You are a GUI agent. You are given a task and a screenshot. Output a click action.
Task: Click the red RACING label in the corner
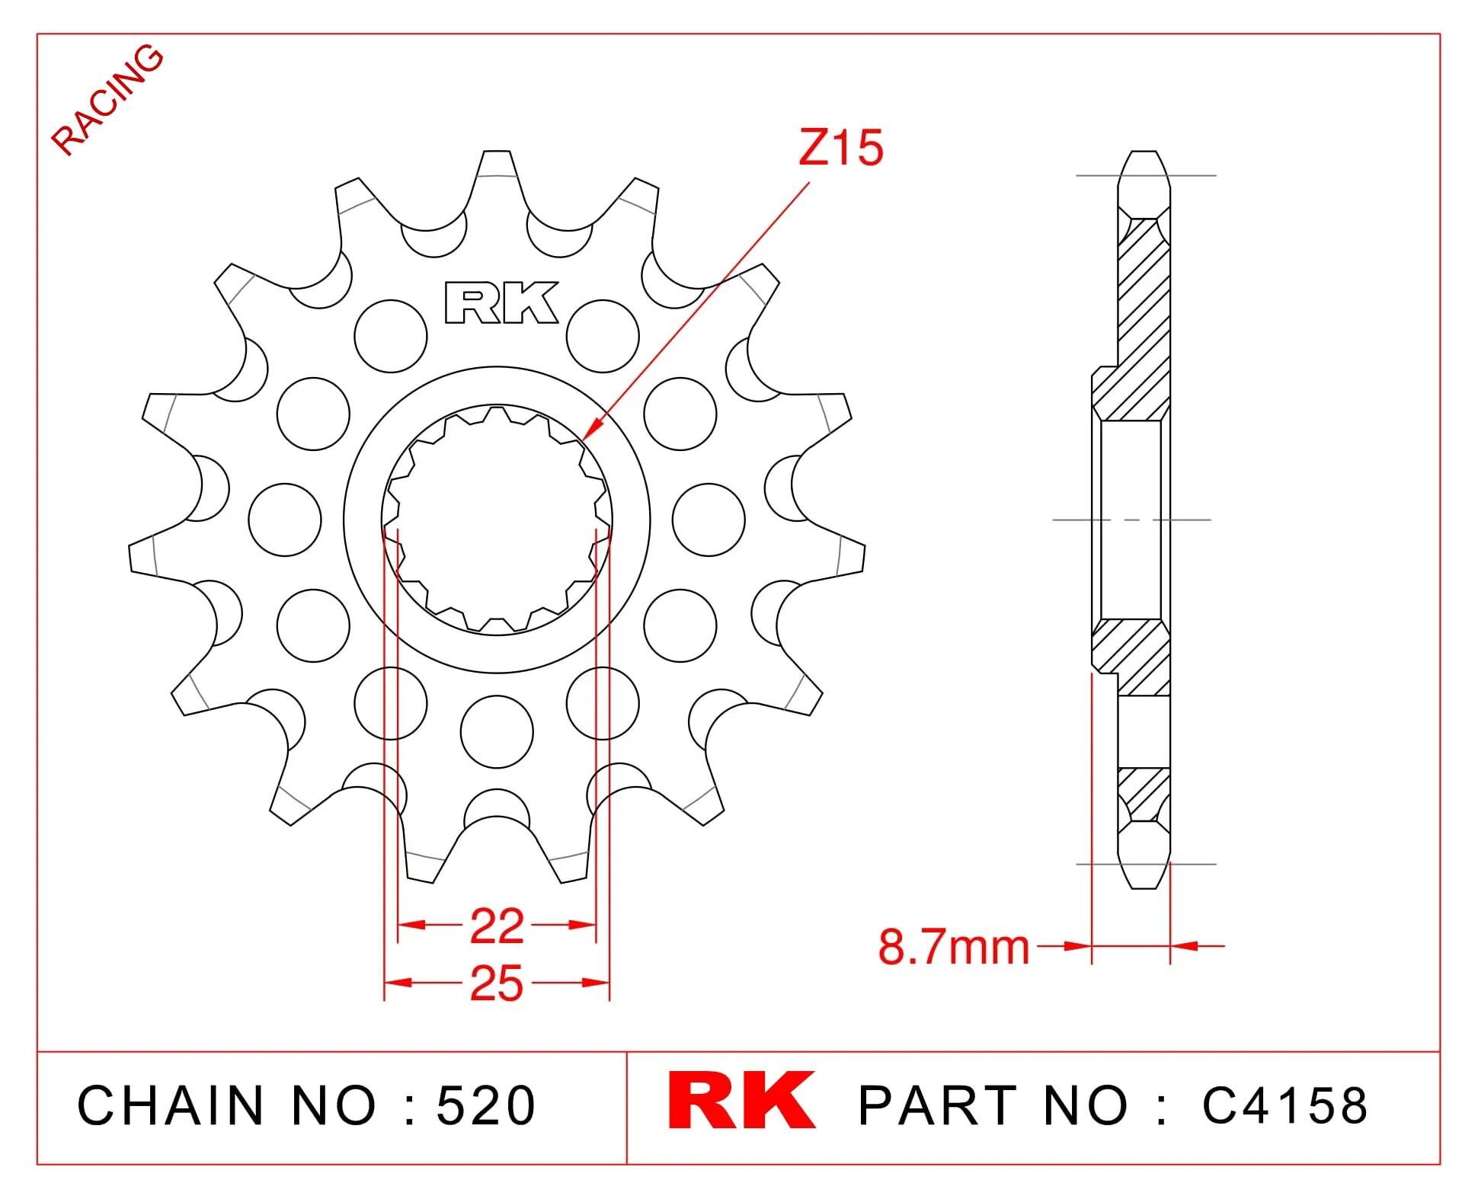point(107,100)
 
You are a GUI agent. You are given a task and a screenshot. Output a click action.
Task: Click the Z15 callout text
point(840,148)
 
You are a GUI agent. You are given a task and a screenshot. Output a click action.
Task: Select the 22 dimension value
point(497,926)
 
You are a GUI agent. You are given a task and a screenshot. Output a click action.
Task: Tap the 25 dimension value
point(497,983)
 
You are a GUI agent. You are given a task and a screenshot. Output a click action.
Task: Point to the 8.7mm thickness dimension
point(953,947)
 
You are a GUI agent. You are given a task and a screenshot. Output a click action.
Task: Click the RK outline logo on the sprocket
point(501,303)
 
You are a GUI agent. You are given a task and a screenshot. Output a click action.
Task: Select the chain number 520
point(486,1105)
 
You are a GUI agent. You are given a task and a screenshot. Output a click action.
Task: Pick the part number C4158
point(1284,1105)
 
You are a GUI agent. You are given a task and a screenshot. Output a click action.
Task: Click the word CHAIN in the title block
point(170,1105)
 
